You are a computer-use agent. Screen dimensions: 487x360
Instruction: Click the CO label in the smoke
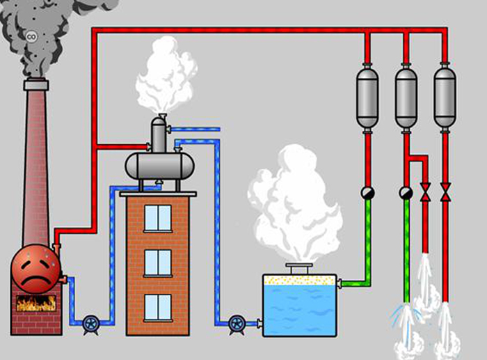31,37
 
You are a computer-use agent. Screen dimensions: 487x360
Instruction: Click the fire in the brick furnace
36,303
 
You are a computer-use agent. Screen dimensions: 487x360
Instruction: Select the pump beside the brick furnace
91,324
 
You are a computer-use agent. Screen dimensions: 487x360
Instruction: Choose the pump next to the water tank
237,324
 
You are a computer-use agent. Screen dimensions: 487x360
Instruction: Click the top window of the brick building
158,218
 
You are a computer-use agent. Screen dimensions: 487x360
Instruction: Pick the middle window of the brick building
158,263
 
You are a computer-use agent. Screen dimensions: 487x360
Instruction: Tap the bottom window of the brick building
158,308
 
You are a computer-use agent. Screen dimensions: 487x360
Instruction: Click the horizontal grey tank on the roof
159,166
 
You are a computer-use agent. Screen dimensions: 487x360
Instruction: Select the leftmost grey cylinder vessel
367,97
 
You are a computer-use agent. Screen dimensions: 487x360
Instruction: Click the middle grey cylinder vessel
406,97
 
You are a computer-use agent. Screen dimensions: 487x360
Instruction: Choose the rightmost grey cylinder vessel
445,97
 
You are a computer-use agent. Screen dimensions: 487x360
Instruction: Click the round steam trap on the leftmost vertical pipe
367,193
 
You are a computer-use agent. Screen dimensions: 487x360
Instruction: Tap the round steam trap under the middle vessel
406,193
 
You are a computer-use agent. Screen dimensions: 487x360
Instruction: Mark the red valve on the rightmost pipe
445,192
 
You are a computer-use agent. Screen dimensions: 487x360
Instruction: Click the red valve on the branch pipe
425,192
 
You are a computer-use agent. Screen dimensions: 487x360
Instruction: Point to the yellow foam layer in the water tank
299,280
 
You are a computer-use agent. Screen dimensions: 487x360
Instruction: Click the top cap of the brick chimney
36,84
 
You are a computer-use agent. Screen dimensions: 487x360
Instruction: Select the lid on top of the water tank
299,268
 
